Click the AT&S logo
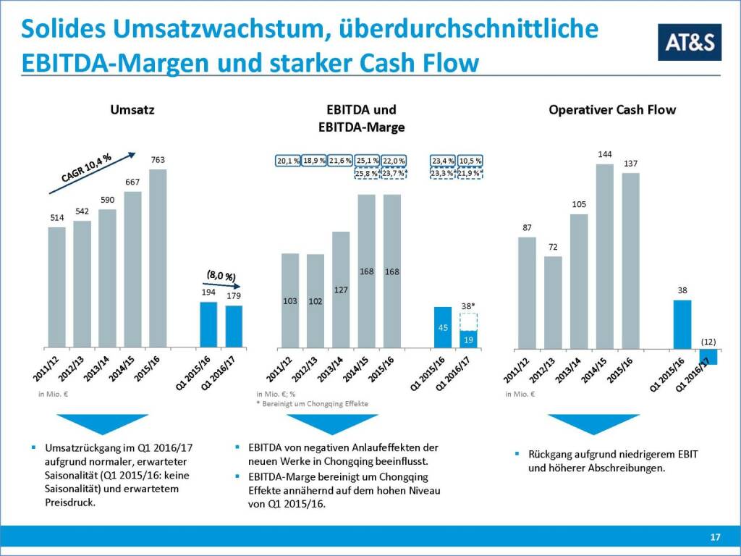pos(690,42)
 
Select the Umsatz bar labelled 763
pos(157,258)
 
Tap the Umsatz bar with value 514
pos(57,287)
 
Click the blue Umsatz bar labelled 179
pos(234,326)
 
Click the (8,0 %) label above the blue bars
pos(219,277)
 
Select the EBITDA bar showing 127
pos(341,290)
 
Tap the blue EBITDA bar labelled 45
pos(443,327)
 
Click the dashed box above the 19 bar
pos(468,321)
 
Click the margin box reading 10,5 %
pos(470,160)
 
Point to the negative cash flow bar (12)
pos(708,356)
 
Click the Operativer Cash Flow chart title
pos(612,110)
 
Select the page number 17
pos(715,537)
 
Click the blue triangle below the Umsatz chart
pos(102,424)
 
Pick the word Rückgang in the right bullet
pos(549,454)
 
